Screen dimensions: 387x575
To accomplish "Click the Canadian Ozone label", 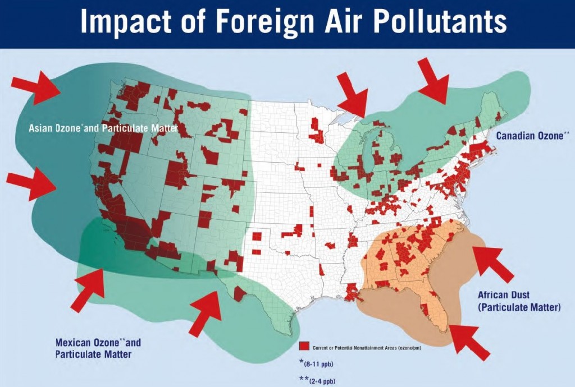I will (x=532, y=135).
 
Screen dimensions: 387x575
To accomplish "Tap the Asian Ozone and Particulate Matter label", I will (x=103, y=128).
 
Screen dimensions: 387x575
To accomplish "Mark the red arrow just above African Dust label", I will (x=492, y=263).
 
